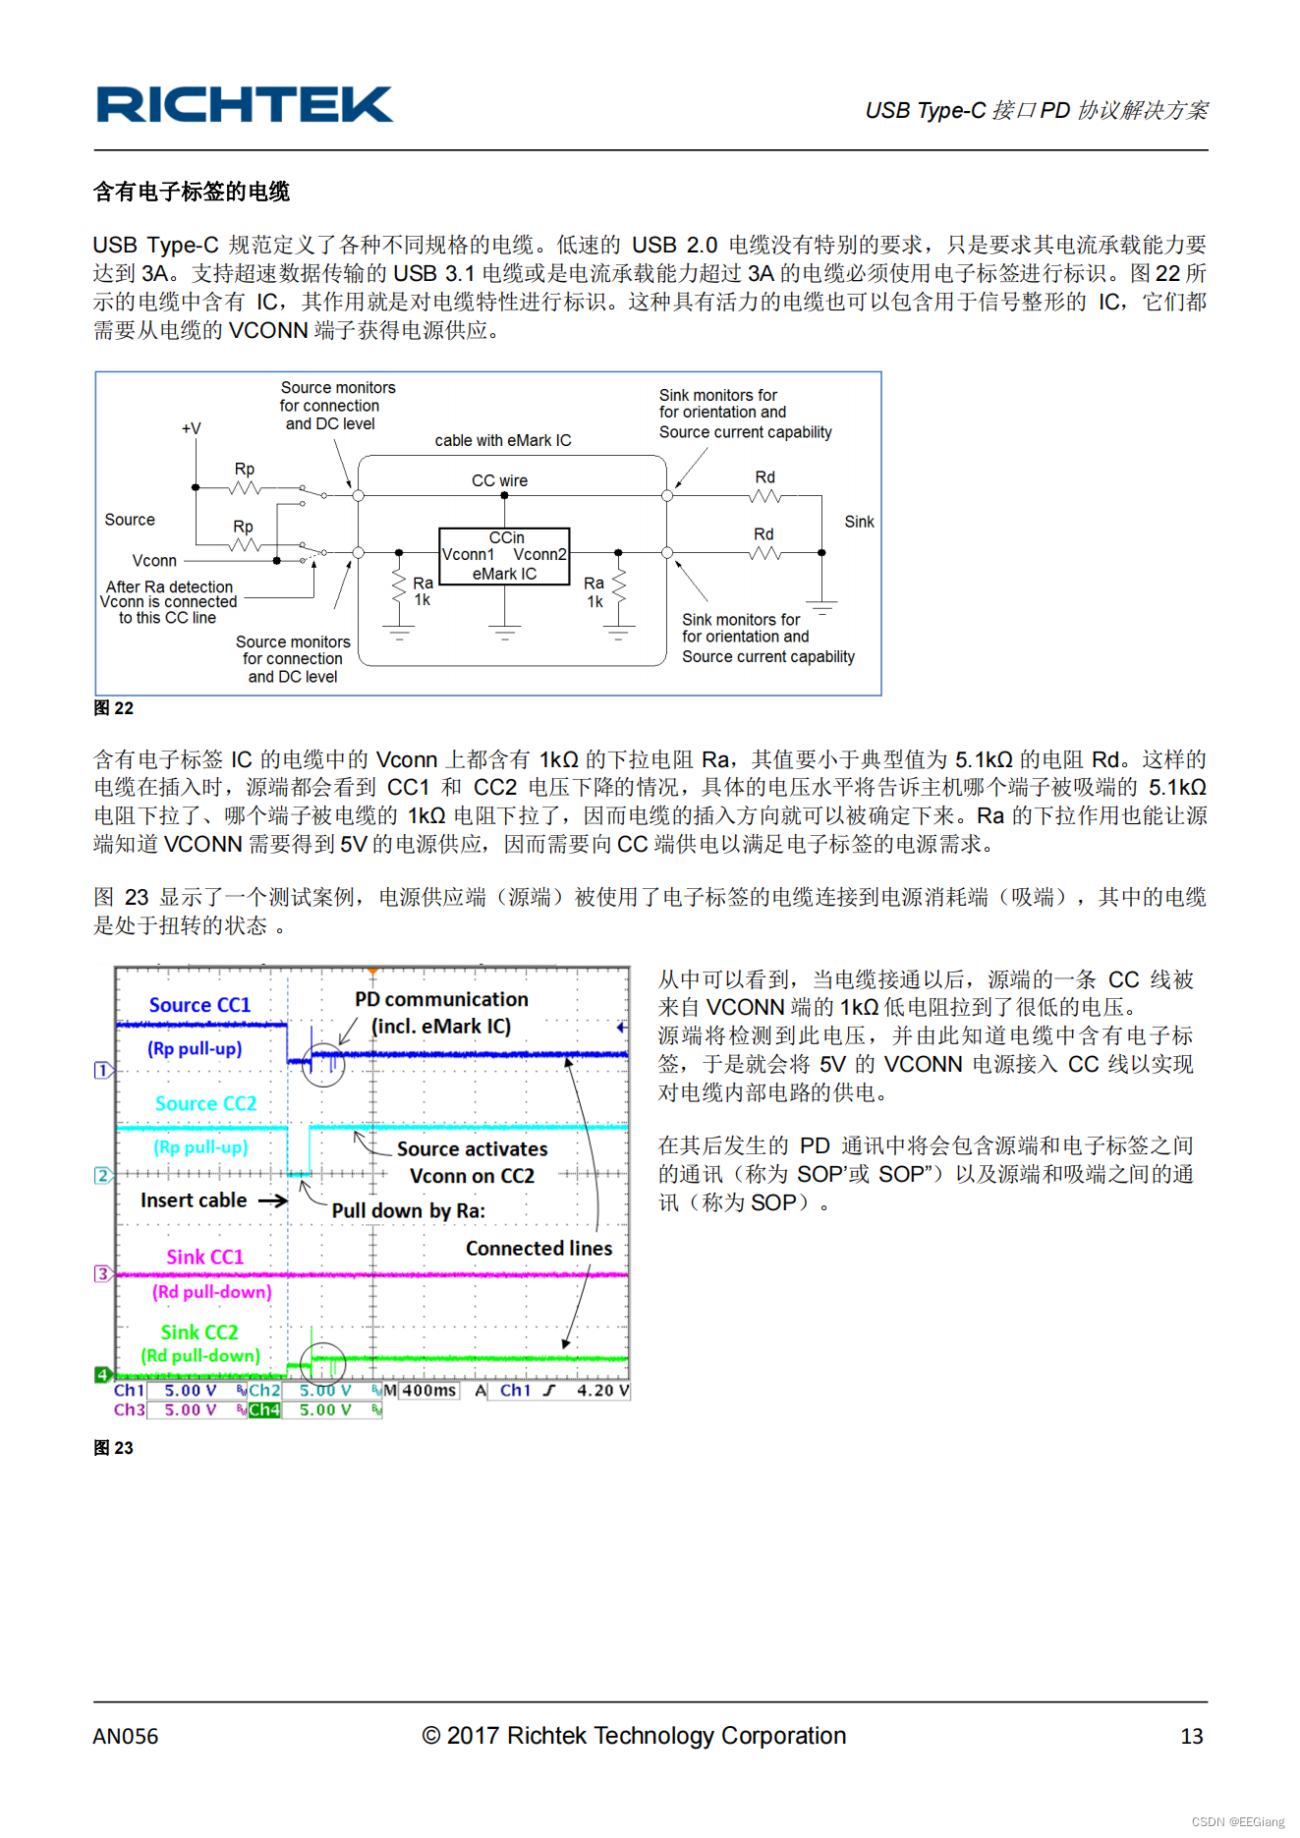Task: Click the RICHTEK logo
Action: pyautogui.click(x=244, y=105)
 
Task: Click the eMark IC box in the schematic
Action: pyautogui.click(x=504, y=556)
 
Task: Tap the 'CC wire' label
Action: pyautogui.click(x=499, y=480)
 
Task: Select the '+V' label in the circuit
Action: pyautogui.click(x=191, y=428)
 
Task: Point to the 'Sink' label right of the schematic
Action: pyautogui.click(x=859, y=522)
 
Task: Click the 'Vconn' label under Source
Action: pyautogui.click(x=154, y=561)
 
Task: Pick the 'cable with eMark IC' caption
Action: pyautogui.click(x=502, y=440)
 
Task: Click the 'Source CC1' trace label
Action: pyautogui.click(x=199, y=1005)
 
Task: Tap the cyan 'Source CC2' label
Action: pyautogui.click(x=205, y=1103)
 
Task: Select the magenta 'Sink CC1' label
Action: pyautogui.click(x=204, y=1257)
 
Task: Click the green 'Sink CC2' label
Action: pyautogui.click(x=199, y=1332)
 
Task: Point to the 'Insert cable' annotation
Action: pyautogui.click(x=194, y=1200)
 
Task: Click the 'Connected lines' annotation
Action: pyautogui.click(x=538, y=1249)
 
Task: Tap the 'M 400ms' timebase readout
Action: pyautogui.click(x=421, y=1391)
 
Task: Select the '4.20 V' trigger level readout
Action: pyautogui.click(x=602, y=1391)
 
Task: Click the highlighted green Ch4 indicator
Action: pyautogui.click(x=263, y=1411)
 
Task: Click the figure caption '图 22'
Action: pyautogui.click(x=113, y=708)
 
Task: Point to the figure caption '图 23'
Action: pyautogui.click(x=113, y=1448)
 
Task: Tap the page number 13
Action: pyautogui.click(x=1191, y=1737)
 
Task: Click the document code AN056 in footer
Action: pyautogui.click(x=126, y=1737)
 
